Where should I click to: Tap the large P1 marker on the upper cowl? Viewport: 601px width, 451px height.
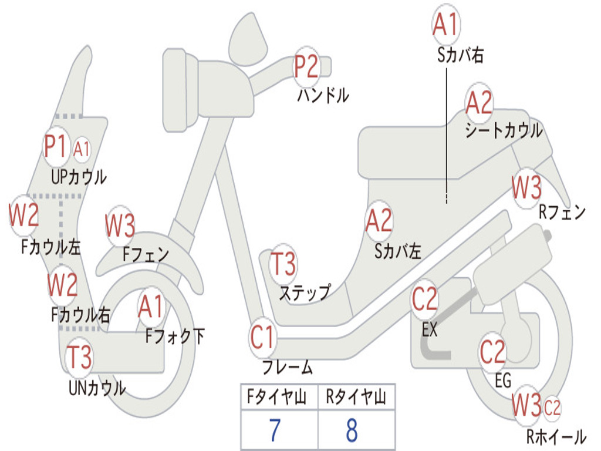pyautogui.click(x=56, y=146)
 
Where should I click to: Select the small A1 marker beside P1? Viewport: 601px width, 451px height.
pyautogui.click(x=81, y=149)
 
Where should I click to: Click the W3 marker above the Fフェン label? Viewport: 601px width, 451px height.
pyautogui.click(x=120, y=225)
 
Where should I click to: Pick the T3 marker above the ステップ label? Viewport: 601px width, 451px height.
pyautogui.click(x=283, y=264)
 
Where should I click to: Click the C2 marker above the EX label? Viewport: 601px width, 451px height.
pyautogui.click(x=424, y=299)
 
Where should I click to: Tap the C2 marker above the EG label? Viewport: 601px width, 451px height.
pyautogui.click(x=492, y=352)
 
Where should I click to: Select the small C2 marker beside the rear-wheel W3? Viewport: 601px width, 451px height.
pyautogui.click(x=552, y=408)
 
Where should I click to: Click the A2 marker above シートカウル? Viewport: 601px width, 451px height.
pyautogui.click(x=479, y=102)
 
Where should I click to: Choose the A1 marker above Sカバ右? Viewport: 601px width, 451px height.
pyautogui.click(x=446, y=24)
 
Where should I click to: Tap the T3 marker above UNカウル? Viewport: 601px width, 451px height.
pyautogui.click(x=79, y=357)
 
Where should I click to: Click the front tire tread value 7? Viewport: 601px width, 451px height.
pyautogui.click(x=275, y=430)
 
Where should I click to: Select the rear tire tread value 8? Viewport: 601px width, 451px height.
pyautogui.click(x=352, y=430)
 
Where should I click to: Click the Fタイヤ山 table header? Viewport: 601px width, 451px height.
pyautogui.click(x=276, y=396)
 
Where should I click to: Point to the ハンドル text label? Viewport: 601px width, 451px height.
pyautogui.click(x=323, y=95)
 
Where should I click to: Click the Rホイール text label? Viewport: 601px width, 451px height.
pyautogui.click(x=556, y=436)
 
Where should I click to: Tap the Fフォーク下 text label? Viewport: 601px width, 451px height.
pyautogui.click(x=175, y=336)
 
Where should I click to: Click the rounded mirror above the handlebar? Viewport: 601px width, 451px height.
pyautogui.click(x=248, y=39)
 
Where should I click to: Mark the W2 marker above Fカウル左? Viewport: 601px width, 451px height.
pyautogui.click(x=23, y=215)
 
